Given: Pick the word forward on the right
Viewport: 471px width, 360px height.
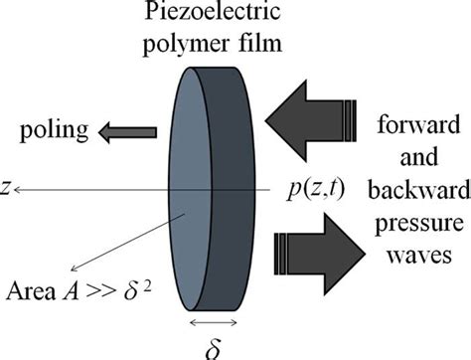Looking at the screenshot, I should click(x=419, y=127).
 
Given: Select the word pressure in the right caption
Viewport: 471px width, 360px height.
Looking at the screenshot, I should click(x=419, y=220).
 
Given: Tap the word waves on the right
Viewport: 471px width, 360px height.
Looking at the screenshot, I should click(x=419, y=249).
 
